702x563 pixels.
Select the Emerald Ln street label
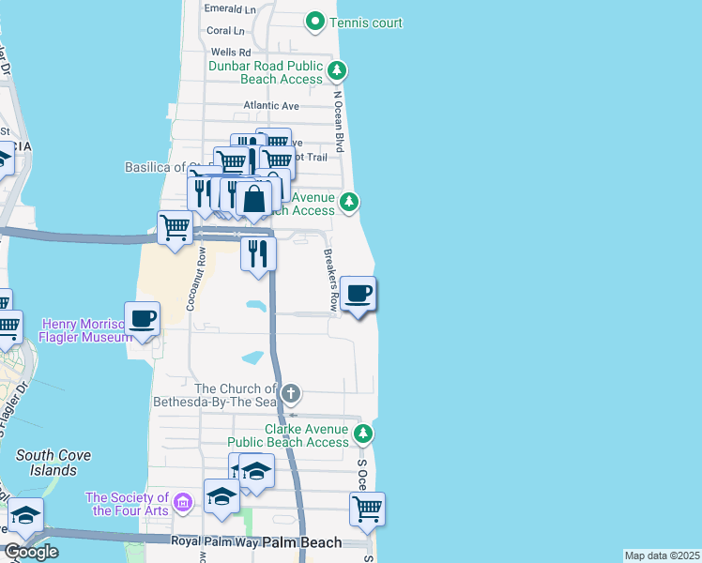point(230,8)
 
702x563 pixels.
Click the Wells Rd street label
point(231,53)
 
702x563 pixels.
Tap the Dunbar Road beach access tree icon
point(338,69)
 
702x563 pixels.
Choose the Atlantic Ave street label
point(270,106)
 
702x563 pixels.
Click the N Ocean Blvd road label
point(340,121)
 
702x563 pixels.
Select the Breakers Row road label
point(330,280)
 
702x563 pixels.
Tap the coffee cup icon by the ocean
point(358,295)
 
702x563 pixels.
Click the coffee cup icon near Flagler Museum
point(142,319)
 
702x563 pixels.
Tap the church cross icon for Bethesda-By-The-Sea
point(291,392)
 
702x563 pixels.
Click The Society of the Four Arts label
point(127,504)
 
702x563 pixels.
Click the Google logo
point(31,551)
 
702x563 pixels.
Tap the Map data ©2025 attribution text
point(662,555)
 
